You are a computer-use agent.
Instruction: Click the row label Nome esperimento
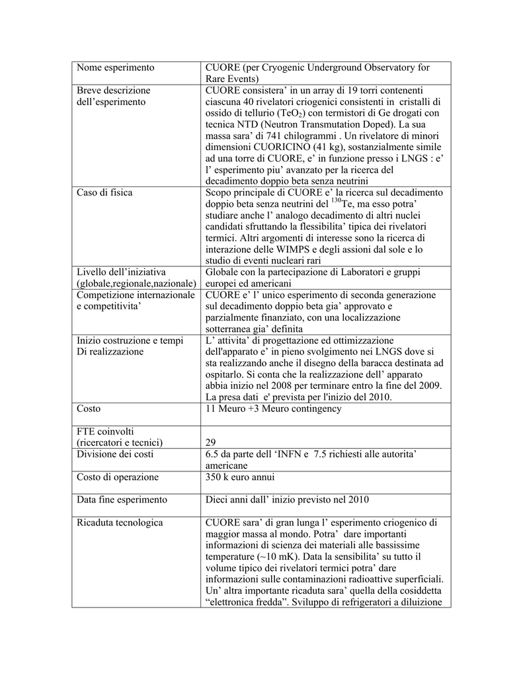(x=115, y=67)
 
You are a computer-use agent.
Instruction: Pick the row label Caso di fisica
(x=104, y=192)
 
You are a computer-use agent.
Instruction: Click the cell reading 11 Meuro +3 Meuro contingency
(x=273, y=409)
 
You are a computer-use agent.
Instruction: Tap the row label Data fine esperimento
(x=122, y=500)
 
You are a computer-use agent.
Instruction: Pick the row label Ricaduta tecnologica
(x=119, y=523)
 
